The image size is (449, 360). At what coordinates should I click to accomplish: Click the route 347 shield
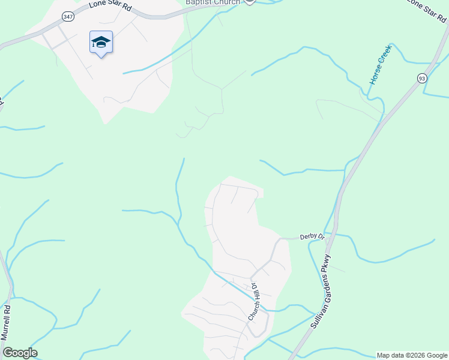point(68,17)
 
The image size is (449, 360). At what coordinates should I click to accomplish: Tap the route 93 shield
point(423,77)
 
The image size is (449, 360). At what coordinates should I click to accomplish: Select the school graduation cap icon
point(101,42)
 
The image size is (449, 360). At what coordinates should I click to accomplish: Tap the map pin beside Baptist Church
point(250,2)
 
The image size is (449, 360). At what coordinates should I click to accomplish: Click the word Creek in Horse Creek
point(385,53)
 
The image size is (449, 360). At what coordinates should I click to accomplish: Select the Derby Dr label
point(312,238)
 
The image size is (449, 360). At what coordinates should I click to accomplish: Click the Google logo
point(20,353)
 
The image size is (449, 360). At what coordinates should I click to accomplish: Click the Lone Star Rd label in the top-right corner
point(427,10)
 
